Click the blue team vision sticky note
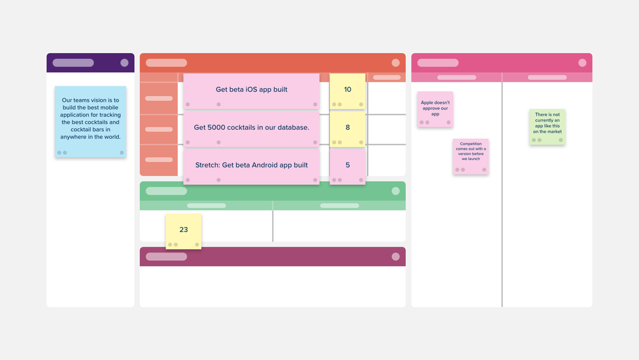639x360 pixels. (x=90, y=121)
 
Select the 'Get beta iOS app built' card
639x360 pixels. (x=251, y=90)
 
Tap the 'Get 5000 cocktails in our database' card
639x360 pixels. (x=251, y=127)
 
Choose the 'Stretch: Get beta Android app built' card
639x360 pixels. (x=251, y=165)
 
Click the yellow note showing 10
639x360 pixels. (x=348, y=90)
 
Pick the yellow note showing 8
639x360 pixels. (x=348, y=128)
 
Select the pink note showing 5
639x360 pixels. (x=348, y=166)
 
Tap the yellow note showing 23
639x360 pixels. (x=183, y=231)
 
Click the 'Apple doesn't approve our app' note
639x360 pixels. (x=435, y=109)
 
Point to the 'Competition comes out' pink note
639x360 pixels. (x=471, y=156)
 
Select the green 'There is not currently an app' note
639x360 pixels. (x=547, y=127)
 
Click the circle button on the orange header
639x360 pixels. (x=396, y=63)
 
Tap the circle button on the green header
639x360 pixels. (x=396, y=191)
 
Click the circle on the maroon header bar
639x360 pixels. (x=396, y=256)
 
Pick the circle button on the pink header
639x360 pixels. (x=582, y=63)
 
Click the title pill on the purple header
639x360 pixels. (x=73, y=63)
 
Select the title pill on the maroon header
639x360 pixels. (x=166, y=256)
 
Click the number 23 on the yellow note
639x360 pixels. (x=183, y=230)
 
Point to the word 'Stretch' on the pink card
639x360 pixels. (x=207, y=165)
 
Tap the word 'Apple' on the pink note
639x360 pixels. (x=427, y=102)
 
